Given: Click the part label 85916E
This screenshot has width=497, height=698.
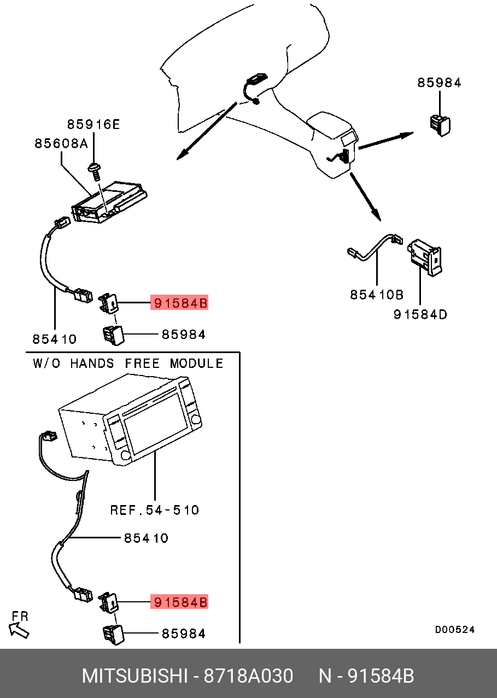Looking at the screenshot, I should point(93,125).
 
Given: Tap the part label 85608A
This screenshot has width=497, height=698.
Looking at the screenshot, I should point(61,143).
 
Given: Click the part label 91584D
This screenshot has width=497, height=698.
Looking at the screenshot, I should point(420,314).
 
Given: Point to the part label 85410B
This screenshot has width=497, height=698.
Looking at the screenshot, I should point(377,295).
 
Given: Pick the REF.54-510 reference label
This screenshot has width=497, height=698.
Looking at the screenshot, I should point(155,510).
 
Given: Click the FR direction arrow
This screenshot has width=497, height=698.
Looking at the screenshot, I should point(20,630).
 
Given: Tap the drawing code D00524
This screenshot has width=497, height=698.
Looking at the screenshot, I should point(455,630).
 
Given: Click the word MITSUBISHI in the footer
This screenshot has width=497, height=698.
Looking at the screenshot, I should point(135,676).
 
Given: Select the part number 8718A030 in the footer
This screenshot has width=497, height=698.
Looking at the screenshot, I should point(248,676).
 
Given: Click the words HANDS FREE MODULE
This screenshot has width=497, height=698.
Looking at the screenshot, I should point(147,363).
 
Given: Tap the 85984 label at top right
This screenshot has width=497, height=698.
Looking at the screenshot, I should point(440,83).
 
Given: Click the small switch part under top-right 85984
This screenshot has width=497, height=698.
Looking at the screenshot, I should point(439,124).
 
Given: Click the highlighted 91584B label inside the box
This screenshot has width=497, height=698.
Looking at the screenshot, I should point(180,602).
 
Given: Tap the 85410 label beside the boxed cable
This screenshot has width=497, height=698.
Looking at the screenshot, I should point(146,538).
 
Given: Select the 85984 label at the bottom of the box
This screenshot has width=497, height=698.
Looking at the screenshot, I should point(184,634).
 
